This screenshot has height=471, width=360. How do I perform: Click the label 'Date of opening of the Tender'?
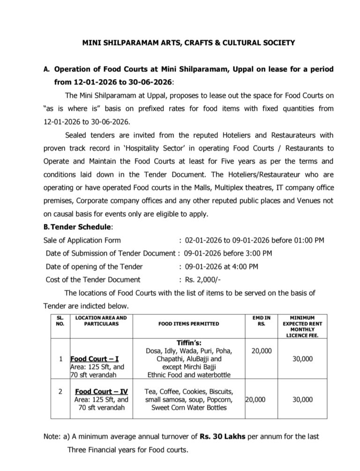(x=94, y=267)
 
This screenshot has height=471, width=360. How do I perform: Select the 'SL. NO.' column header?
(x=60, y=320)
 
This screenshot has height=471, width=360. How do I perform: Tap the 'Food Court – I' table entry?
(x=93, y=361)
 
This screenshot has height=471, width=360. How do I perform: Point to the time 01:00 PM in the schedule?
(x=306, y=241)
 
